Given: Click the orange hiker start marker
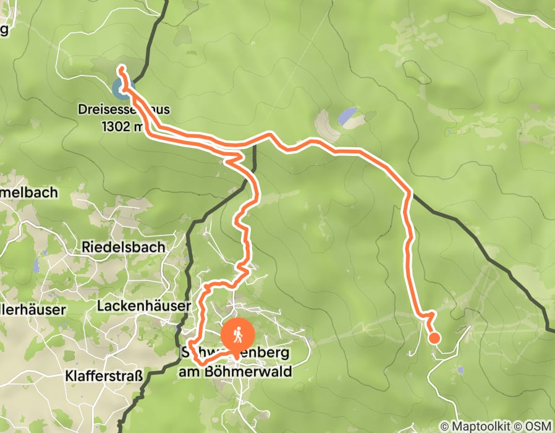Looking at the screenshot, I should [238, 335].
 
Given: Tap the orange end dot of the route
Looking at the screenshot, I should [434, 338].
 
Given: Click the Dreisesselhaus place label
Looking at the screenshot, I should [124, 111].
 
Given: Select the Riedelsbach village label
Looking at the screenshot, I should [123, 247].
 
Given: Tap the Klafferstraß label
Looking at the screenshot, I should [104, 375].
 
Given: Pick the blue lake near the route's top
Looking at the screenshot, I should [347, 116].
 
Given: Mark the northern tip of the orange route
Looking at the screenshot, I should [122, 67].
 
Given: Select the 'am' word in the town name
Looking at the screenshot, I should [189, 372].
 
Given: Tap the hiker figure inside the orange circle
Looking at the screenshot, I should [238, 335].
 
